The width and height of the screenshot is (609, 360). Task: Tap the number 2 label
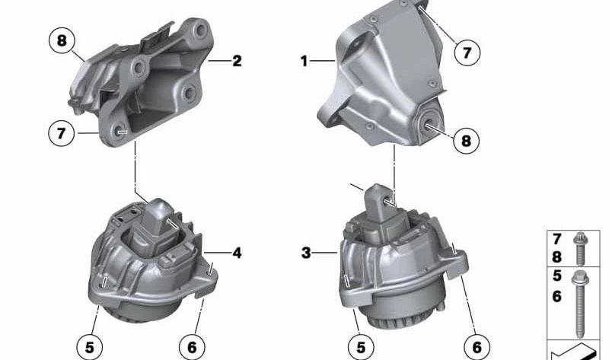[237, 61]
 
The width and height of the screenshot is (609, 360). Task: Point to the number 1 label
[304, 61]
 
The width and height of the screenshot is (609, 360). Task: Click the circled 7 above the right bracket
[467, 52]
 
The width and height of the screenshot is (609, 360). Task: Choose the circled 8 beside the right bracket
[467, 141]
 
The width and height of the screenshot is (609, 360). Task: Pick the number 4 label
[237, 252]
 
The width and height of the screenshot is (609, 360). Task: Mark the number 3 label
[305, 253]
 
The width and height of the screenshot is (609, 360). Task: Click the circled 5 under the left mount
[89, 348]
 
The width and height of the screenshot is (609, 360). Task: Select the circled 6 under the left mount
[191, 348]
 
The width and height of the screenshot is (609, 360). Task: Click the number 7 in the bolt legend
[557, 240]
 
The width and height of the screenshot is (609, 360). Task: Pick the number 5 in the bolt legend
[557, 279]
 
